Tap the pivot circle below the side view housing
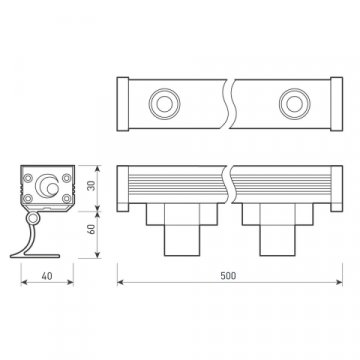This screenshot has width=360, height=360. tap(35, 218)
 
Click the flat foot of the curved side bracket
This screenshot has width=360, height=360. tap(31, 255)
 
